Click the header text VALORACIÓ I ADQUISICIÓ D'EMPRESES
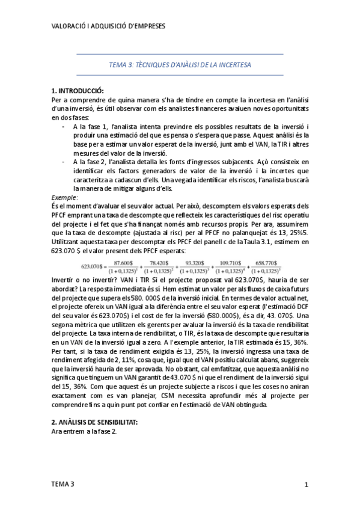(x=109, y=26)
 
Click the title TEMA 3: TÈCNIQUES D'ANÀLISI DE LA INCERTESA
(x=180, y=64)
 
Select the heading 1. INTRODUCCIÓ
(x=78, y=91)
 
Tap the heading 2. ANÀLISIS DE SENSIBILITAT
(x=95, y=422)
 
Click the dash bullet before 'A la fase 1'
(x=64, y=127)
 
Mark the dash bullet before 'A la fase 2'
(x=64, y=162)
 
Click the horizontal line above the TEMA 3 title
(x=180, y=54)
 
